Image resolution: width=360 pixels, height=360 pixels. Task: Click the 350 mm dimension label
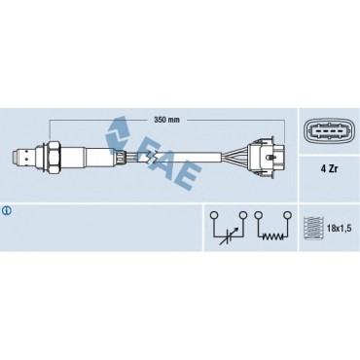(x=166, y=120)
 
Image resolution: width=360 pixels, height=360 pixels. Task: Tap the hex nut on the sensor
(x=53, y=157)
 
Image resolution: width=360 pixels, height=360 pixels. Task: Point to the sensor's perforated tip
(x=23, y=157)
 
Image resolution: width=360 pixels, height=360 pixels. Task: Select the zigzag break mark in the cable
(x=151, y=157)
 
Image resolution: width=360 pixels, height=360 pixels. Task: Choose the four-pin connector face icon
(x=329, y=132)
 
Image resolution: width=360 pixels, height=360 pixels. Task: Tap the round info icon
(x=7, y=211)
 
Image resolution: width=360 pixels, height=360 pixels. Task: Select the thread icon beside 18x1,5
(x=313, y=228)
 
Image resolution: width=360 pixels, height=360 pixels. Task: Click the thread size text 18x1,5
(x=339, y=228)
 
